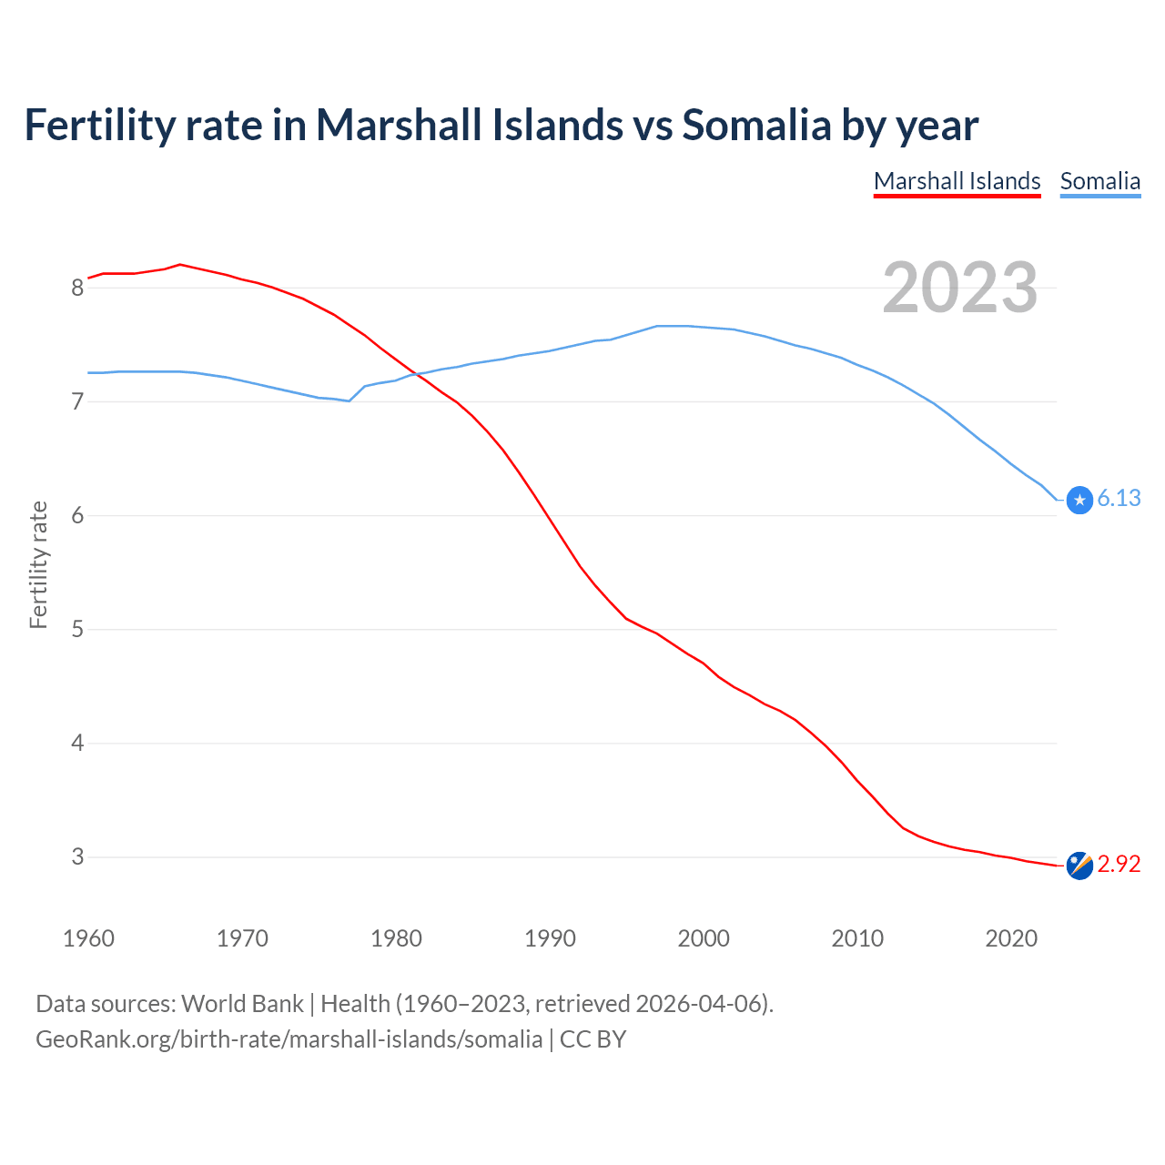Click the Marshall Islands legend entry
(957, 181)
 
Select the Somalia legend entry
(1099, 181)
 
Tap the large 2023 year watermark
(959, 288)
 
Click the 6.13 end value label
(1119, 498)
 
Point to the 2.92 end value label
(1119, 864)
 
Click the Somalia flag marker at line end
(1079, 500)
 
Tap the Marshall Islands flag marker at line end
(1079, 866)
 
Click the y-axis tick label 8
(77, 288)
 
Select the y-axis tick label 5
(77, 629)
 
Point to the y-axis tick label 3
(77, 856)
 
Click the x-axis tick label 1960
(88, 938)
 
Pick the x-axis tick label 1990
(550, 938)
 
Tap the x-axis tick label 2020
(1011, 938)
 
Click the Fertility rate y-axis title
(38, 564)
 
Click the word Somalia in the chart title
(756, 125)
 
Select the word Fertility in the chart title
(98, 125)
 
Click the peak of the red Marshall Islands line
(180, 264)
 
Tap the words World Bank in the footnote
(242, 1003)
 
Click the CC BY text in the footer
(593, 1038)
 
